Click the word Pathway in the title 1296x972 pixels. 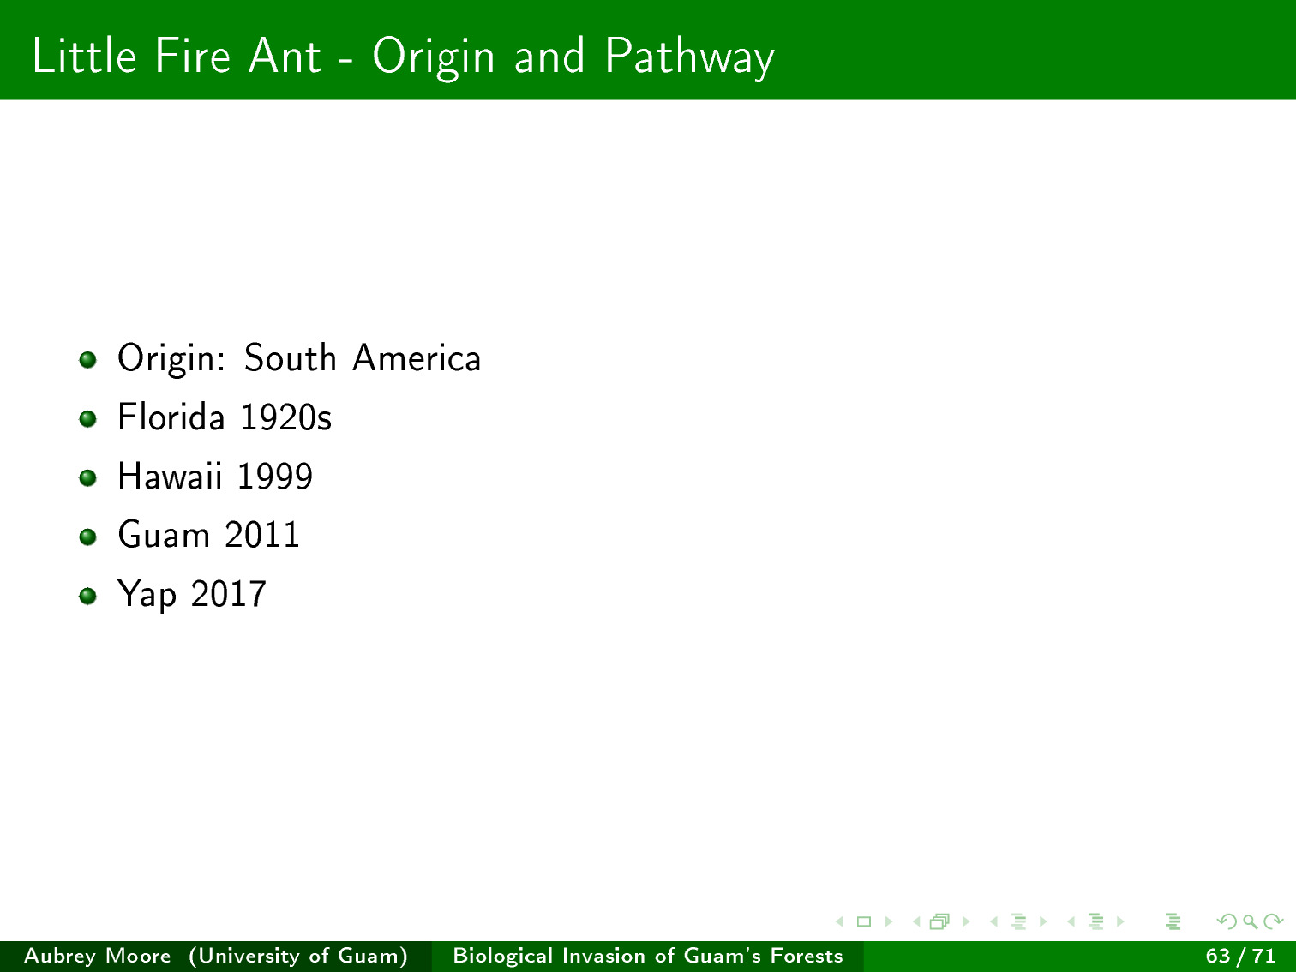pos(689,57)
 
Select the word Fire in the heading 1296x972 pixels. pos(192,56)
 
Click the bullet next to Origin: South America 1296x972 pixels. pos(88,359)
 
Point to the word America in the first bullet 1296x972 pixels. pos(417,357)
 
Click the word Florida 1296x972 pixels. pos(171,417)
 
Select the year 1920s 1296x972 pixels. pos(286,417)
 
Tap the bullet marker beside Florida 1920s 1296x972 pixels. pos(88,418)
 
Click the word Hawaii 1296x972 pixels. pos(170,476)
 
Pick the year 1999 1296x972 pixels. pos(274,477)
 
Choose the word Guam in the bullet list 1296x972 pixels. pos(164,535)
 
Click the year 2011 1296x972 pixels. pos(262,535)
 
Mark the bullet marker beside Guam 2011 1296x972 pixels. pos(88,537)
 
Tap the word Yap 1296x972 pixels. pos(147,595)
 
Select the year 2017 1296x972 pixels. pos(229,594)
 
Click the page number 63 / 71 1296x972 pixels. pos(1240,956)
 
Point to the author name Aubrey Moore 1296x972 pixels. pos(98,956)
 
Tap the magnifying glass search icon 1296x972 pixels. pos(1250,921)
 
